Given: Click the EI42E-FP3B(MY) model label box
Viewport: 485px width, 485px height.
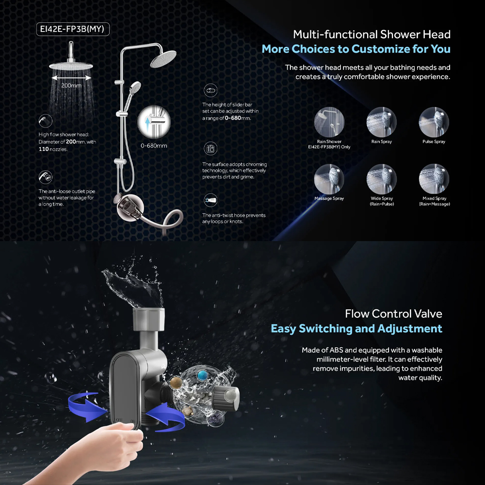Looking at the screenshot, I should (x=73, y=30).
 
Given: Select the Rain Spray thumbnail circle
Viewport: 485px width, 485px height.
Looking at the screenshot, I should (x=381, y=122).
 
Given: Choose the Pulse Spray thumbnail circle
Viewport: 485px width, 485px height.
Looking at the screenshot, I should (x=434, y=122).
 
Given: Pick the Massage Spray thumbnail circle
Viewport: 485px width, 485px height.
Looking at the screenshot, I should (x=329, y=179).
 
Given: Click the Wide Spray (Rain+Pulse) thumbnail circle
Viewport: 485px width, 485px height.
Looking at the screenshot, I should (x=381, y=179).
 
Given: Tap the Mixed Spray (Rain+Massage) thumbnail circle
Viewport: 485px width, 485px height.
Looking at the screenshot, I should (x=434, y=179).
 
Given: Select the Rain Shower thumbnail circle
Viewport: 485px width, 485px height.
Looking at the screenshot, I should (x=329, y=122).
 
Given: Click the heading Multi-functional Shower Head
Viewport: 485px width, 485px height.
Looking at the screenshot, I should (x=372, y=34).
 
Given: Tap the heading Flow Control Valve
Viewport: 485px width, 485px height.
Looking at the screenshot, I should (x=393, y=313).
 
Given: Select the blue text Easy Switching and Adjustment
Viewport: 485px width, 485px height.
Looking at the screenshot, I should (x=356, y=328).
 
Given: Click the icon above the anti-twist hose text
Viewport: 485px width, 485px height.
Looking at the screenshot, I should (x=210, y=200).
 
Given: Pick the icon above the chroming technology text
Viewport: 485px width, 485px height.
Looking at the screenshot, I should (x=210, y=148).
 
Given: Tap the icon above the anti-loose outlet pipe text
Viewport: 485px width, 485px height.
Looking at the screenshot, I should (x=46, y=177).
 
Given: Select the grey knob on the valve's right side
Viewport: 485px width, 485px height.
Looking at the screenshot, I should (x=227, y=398).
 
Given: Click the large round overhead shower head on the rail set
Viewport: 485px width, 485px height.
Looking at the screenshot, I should (x=163, y=60).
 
